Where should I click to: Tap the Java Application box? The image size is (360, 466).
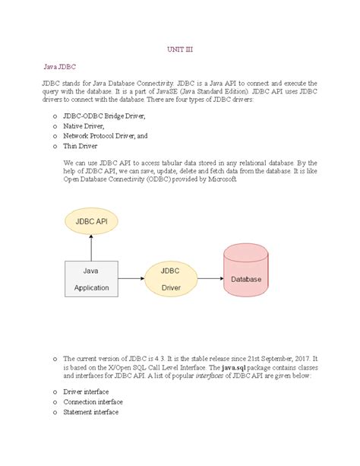click(91, 278)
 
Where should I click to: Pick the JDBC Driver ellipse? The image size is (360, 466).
click(171, 278)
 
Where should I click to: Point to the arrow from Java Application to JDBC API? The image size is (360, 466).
click(90, 247)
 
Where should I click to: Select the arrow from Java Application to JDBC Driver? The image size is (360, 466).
click(130, 278)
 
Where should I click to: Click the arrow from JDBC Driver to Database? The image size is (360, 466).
click(208, 278)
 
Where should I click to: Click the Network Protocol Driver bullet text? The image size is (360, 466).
click(106, 135)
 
